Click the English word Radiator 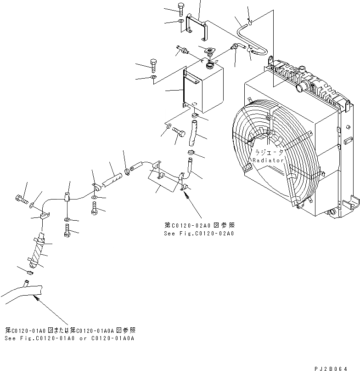(x=269, y=160)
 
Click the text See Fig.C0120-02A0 (x=199, y=234)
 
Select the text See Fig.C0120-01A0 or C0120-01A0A (x=70, y=338)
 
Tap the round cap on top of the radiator (x=303, y=86)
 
